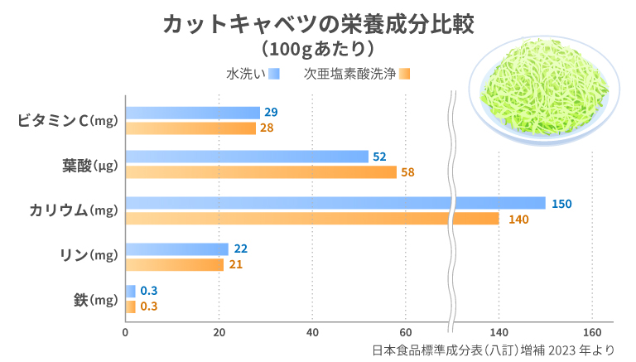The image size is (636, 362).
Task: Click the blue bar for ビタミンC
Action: tap(192, 113)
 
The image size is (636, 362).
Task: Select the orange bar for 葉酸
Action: tap(261, 172)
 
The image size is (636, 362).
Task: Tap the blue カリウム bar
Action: tap(331, 203)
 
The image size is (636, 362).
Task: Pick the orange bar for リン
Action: tap(175, 265)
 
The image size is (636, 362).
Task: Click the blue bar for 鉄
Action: tap(130, 291)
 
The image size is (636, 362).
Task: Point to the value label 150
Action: tap(561, 204)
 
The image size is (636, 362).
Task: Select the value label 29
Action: tap(271, 113)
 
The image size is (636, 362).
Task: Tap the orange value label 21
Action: tap(234, 265)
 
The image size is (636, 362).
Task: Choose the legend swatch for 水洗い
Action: tap(274, 74)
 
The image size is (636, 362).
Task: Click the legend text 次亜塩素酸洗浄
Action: tap(349, 74)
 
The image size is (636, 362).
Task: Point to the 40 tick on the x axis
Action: tap(312, 333)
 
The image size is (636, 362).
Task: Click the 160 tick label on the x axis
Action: tap(591, 333)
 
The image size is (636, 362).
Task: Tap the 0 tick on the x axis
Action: tap(125, 333)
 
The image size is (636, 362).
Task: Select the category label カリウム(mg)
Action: tap(69, 210)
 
